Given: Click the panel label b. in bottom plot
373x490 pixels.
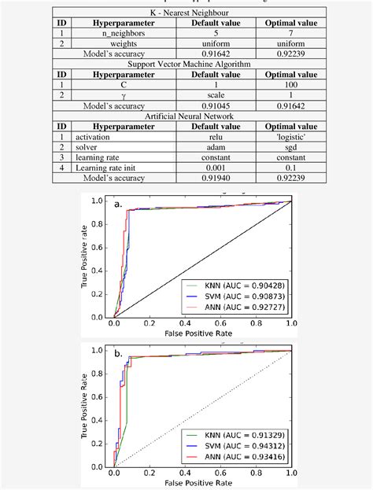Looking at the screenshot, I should (x=117, y=354).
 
